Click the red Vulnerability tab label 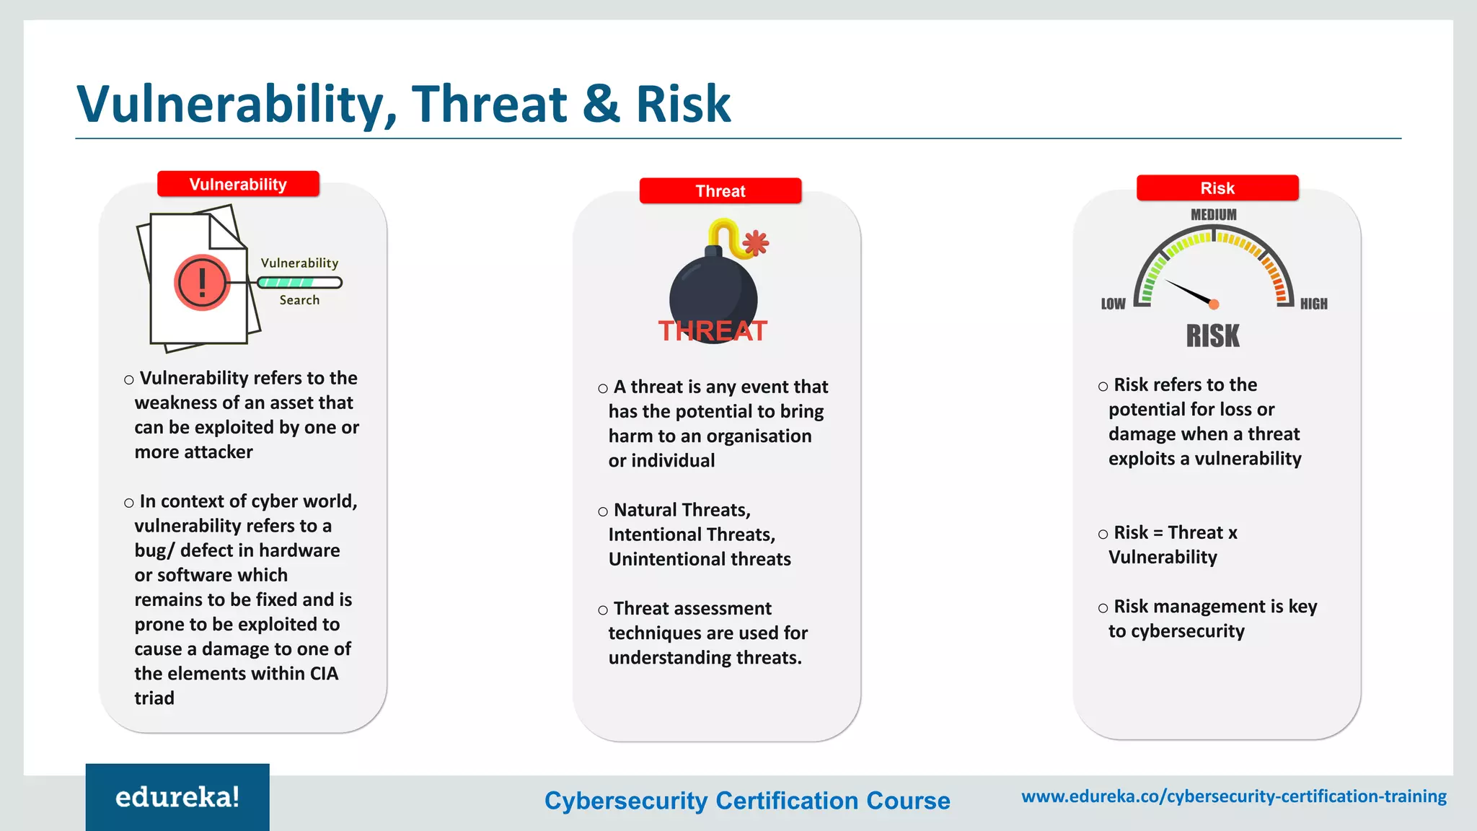[238, 184]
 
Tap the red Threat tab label [720, 190]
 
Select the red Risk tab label [1217, 188]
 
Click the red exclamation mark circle [202, 283]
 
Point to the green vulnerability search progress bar [299, 283]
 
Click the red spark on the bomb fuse [755, 242]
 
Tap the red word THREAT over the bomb [713, 331]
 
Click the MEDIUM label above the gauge [1213, 215]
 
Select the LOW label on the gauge [1113, 304]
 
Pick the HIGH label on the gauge [1313, 304]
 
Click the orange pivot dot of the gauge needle [1214, 304]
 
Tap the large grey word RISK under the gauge [1213, 336]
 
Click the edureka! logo [177, 797]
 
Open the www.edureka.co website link [1234, 796]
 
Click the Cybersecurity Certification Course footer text [747, 801]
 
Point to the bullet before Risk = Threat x [1103, 535]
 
